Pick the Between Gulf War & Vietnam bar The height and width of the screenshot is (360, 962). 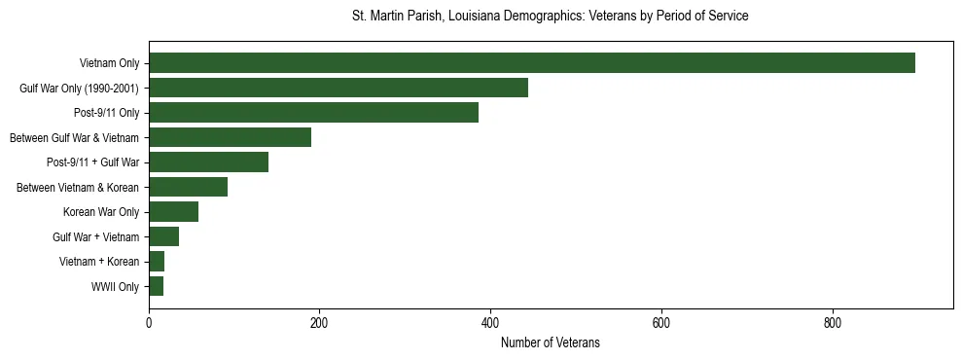[x=230, y=137]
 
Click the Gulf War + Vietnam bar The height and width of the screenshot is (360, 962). [x=163, y=236]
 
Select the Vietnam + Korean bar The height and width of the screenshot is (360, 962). [x=157, y=262]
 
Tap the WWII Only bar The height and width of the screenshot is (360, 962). [x=156, y=286]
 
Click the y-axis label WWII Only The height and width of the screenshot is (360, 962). [x=115, y=287]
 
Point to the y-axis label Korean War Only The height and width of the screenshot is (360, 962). [x=101, y=212]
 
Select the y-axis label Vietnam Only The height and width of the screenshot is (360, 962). [x=109, y=63]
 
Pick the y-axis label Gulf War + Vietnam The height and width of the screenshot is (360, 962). [x=96, y=237]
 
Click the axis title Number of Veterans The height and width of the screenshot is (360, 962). [x=550, y=343]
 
